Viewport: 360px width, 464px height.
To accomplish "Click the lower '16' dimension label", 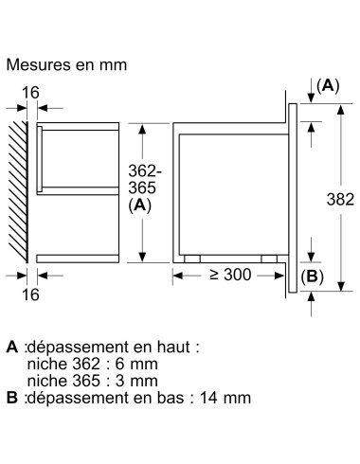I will click(x=30, y=295).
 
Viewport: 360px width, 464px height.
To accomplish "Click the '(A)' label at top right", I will click(x=326, y=85).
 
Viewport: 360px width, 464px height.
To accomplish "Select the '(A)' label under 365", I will click(x=141, y=204).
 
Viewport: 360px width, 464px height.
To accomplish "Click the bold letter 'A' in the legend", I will click(x=10, y=348).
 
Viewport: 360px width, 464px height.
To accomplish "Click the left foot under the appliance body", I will click(x=193, y=258).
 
